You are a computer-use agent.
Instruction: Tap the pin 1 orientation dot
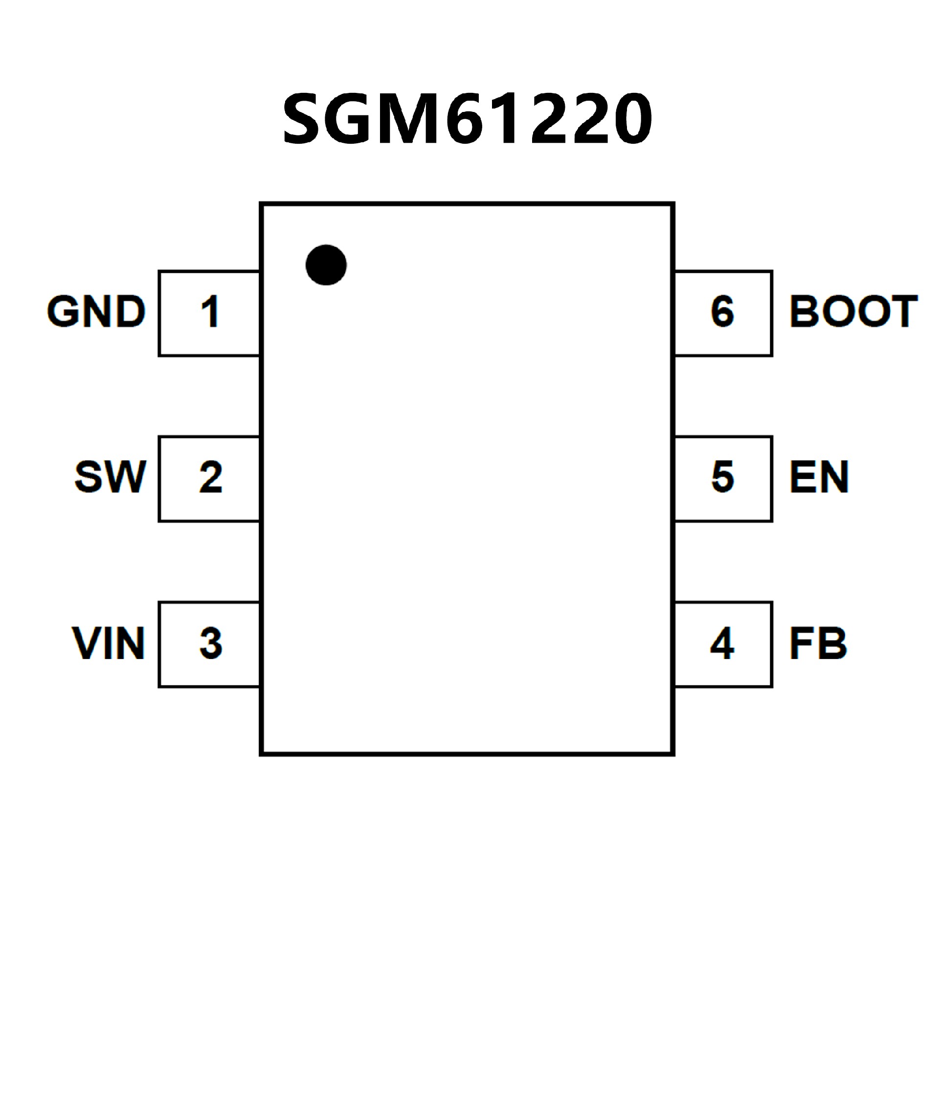[326, 265]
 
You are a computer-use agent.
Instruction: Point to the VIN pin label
[108, 643]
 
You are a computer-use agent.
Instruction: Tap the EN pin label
[819, 477]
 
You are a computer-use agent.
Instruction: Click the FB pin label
[818, 643]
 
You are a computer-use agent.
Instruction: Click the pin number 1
[210, 311]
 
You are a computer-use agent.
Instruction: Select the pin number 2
[211, 477]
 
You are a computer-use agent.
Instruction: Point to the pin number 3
[211, 643]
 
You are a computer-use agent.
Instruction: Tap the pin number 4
[722, 643]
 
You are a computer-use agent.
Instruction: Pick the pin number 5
[723, 477]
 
